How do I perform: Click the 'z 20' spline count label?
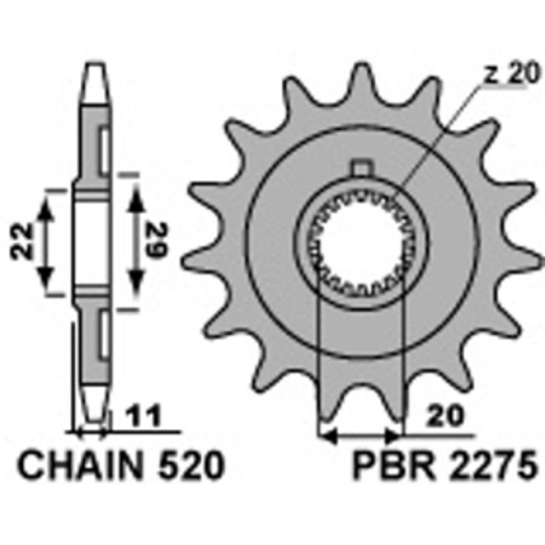(512, 74)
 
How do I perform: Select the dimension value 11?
(144, 415)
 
